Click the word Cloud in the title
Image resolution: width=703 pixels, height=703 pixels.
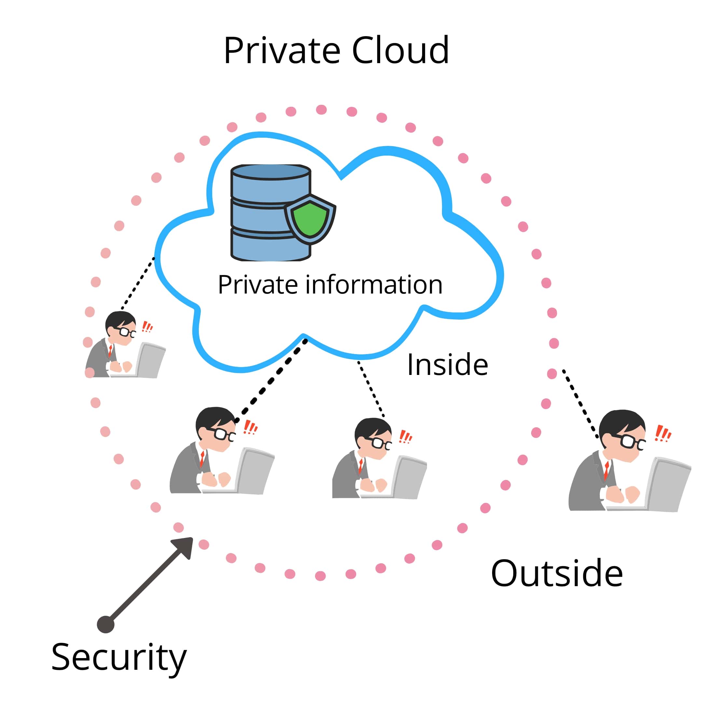pos(400,51)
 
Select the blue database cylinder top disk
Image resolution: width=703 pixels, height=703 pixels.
pos(271,172)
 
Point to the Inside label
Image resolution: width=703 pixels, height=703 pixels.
pos(447,365)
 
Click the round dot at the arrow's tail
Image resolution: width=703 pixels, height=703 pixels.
pos(105,625)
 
